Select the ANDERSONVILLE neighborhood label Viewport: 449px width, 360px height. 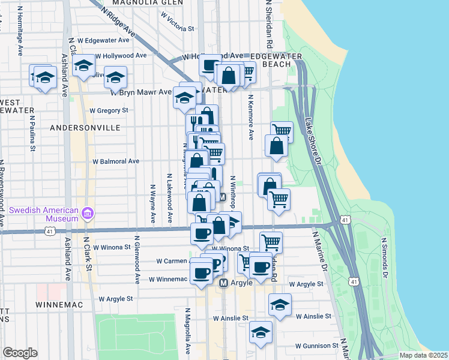coord(85,128)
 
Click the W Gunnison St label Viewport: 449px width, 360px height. coord(310,346)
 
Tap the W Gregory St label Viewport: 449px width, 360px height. coord(109,110)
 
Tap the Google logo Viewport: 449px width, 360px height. coord(20,352)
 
